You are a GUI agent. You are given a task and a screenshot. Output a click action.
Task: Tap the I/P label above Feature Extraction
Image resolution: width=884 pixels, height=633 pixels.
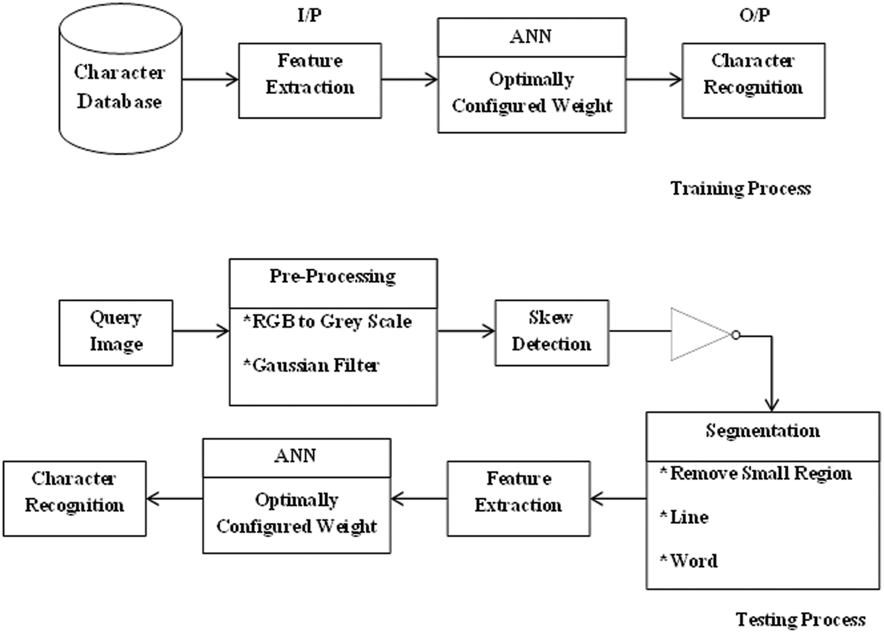click(x=309, y=15)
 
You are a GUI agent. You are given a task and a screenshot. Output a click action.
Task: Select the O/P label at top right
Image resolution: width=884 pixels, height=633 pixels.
click(x=754, y=15)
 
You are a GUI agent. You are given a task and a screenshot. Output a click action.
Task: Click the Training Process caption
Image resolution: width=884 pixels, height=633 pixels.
click(x=740, y=188)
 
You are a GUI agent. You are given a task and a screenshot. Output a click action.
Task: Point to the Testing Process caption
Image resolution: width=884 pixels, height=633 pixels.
click(x=800, y=619)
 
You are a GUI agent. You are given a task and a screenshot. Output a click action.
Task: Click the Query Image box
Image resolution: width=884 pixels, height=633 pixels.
click(x=116, y=332)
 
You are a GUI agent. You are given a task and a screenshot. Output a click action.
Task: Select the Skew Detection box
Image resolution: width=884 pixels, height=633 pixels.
click(x=551, y=332)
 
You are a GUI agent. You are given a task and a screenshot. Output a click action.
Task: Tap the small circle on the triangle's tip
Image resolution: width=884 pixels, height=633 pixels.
click(x=735, y=335)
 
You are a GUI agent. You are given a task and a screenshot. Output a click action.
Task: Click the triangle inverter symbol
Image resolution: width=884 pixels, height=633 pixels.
click(x=698, y=334)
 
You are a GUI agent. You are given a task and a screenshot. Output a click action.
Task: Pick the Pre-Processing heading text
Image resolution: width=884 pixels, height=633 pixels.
click(x=332, y=276)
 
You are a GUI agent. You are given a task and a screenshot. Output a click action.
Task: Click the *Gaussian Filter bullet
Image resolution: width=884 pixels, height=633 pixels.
click(x=311, y=365)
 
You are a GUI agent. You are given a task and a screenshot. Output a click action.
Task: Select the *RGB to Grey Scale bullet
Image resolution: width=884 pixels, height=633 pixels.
click(x=327, y=322)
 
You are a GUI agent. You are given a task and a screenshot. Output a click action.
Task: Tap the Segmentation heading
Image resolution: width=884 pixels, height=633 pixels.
click(x=763, y=431)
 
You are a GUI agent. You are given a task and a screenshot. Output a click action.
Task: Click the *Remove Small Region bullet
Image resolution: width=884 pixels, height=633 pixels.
click(x=756, y=473)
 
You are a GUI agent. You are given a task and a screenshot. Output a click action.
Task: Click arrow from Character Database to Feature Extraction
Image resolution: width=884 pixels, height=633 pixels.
click(x=210, y=79)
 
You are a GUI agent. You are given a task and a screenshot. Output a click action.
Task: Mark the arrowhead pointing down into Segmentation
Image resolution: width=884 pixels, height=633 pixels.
click(x=771, y=405)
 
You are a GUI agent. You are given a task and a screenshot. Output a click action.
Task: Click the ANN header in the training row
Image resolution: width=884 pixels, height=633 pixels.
click(x=531, y=37)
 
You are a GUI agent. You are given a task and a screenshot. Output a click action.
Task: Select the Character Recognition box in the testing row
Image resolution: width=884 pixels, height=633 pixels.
click(x=74, y=498)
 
